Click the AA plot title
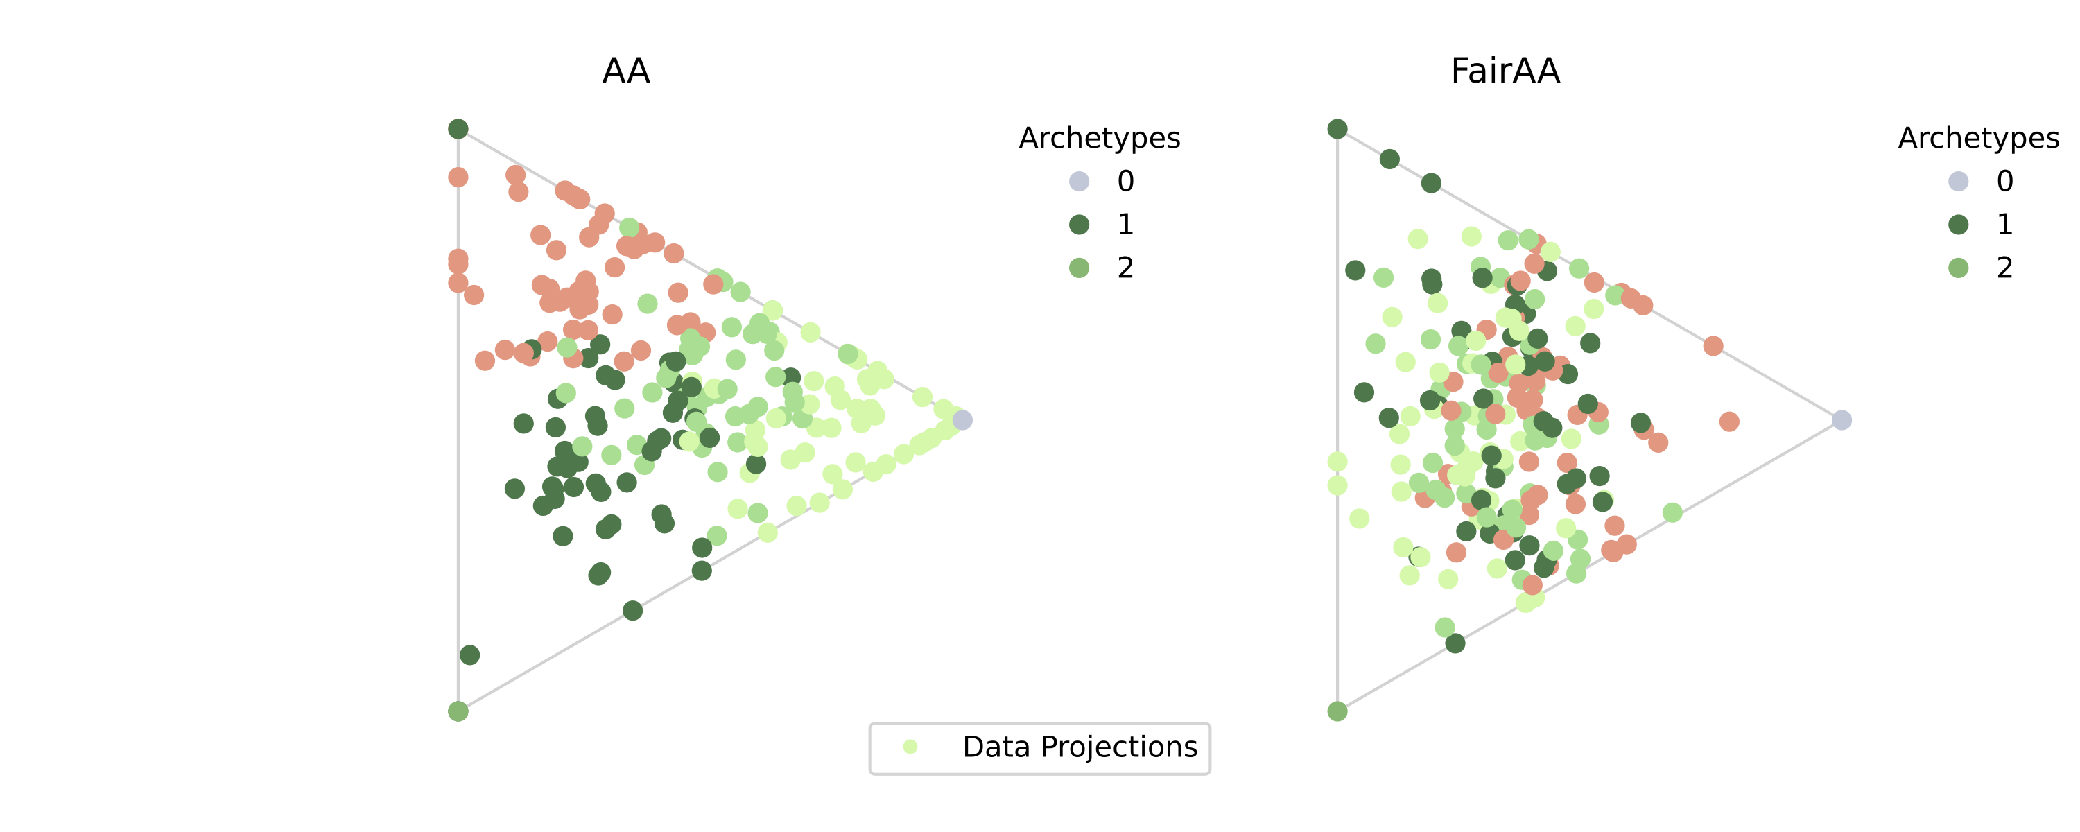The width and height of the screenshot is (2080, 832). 626,71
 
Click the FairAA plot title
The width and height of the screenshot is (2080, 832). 1505,71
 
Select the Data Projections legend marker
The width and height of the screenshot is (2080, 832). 910,747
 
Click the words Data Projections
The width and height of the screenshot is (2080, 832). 1080,747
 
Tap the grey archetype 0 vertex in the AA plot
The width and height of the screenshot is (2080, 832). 962,420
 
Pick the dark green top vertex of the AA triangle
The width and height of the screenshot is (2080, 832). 458,129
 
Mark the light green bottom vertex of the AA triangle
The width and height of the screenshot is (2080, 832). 458,711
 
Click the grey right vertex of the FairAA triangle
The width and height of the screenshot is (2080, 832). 1841,420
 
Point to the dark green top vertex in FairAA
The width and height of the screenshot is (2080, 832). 1337,129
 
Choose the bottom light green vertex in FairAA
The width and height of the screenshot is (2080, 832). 1337,711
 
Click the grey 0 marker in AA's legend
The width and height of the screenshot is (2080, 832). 1079,181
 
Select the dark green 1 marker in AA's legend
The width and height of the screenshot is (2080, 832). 1079,225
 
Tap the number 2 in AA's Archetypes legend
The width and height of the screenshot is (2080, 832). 1125,268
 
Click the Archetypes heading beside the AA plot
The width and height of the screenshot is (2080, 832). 1099,138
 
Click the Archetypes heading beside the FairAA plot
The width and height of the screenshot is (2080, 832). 1978,138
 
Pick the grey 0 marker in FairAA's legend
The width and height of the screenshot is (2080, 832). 1958,181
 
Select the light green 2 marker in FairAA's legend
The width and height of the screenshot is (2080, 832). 1958,268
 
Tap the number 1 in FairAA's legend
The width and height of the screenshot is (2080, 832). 2005,225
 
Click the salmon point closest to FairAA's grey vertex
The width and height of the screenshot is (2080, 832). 1728,422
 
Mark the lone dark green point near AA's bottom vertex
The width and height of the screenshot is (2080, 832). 469,655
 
